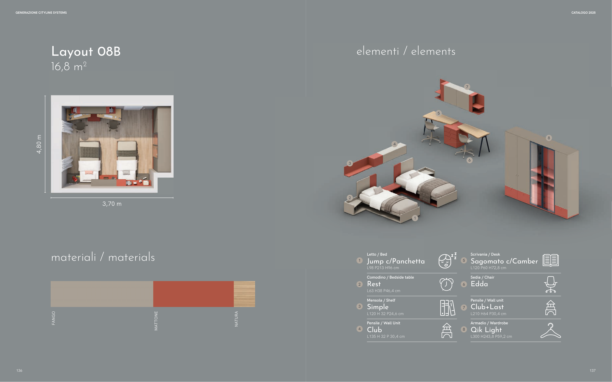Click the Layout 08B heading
(86, 52)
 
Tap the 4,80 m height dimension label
(39, 144)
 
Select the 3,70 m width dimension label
(112, 204)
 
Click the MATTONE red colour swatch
(193, 294)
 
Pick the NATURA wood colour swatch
(244, 294)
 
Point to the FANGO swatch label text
(53, 318)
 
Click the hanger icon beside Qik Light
(551, 330)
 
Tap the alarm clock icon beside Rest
(447, 284)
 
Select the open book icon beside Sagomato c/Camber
(551, 260)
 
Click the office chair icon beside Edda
(551, 284)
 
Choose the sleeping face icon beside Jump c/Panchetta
(447, 260)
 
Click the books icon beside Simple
(447, 308)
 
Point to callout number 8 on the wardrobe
(549, 138)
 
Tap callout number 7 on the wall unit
(467, 87)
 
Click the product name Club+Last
(487, 307)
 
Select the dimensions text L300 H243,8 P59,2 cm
(491, 337)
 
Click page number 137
(592, 370)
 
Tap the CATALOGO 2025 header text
(583, 13)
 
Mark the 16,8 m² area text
(69, 67)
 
